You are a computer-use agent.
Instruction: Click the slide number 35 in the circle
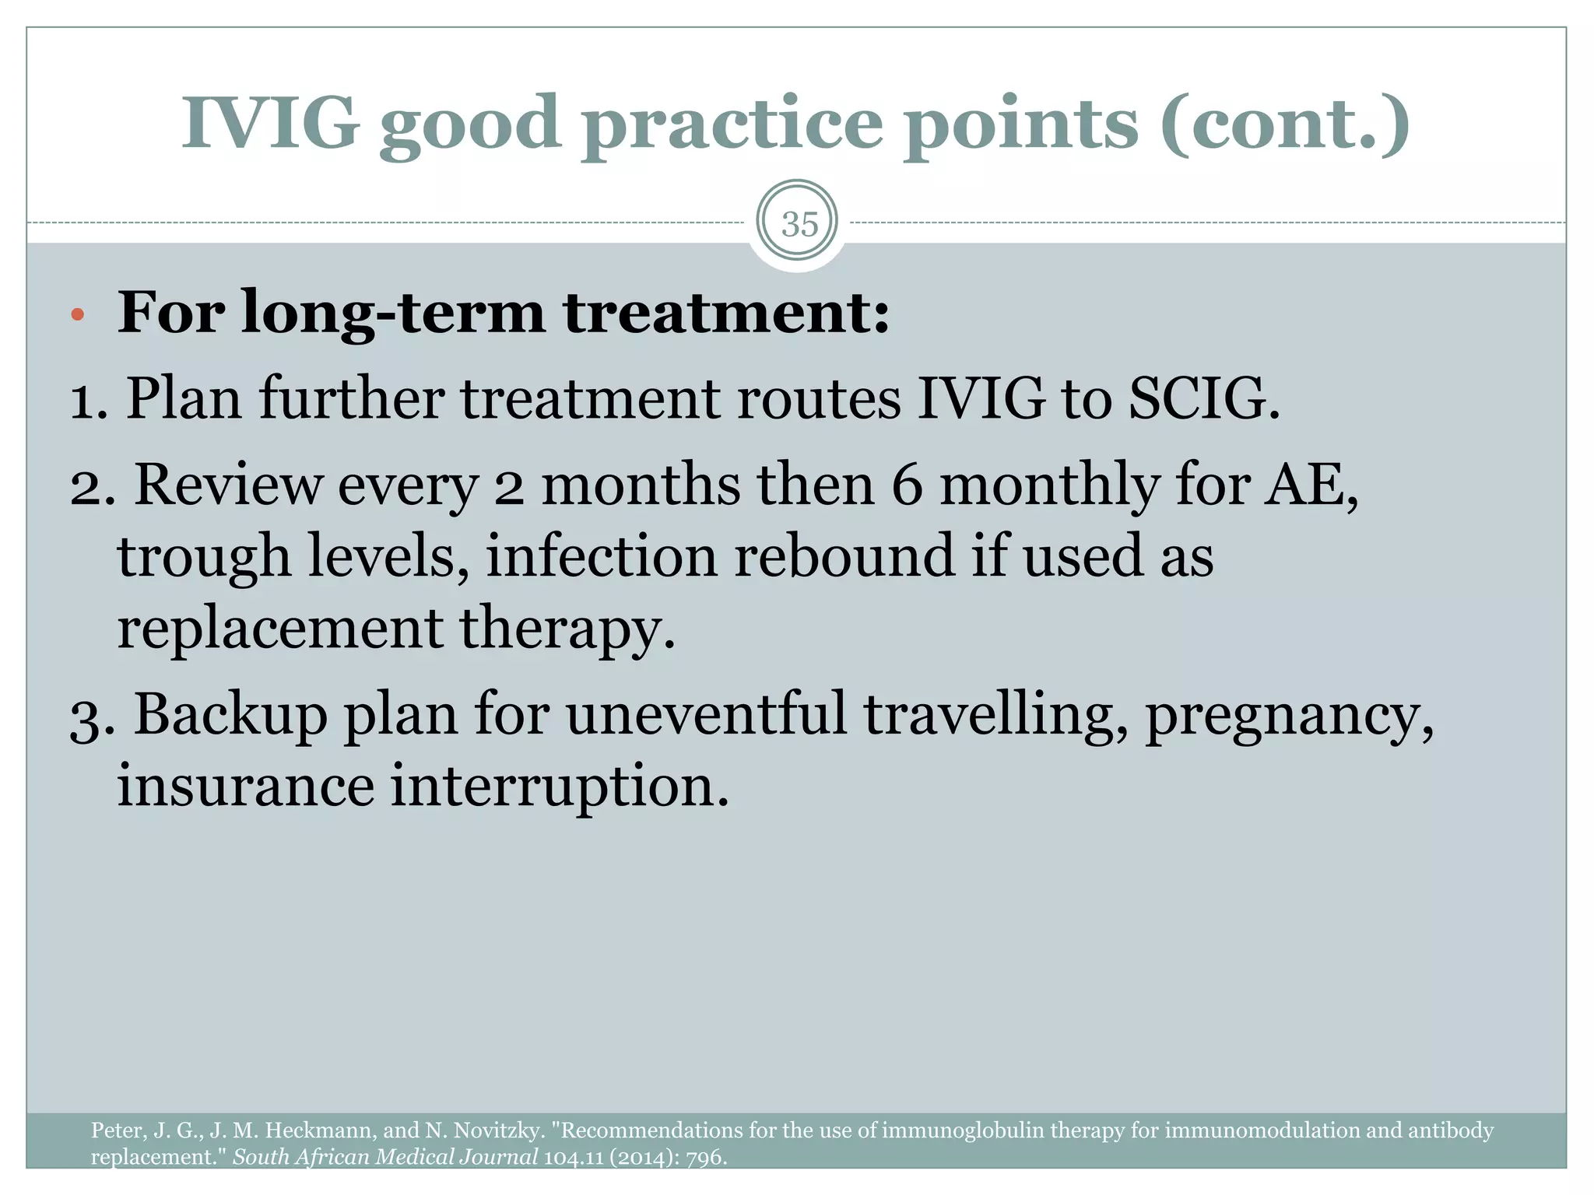(799, 224)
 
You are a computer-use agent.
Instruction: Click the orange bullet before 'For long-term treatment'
(76, 315)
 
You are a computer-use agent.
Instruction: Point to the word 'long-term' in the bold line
(393, 314)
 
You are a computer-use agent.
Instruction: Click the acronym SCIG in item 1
(1203, 398)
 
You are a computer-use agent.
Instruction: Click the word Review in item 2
(228, 485)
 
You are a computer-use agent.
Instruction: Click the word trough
(204, 557)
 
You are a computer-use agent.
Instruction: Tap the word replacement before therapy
(279, 629)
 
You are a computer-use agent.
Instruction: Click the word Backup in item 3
(231, 714)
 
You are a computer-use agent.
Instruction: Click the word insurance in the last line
(246, 786)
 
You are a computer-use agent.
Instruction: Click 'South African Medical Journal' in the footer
(385, 1158)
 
